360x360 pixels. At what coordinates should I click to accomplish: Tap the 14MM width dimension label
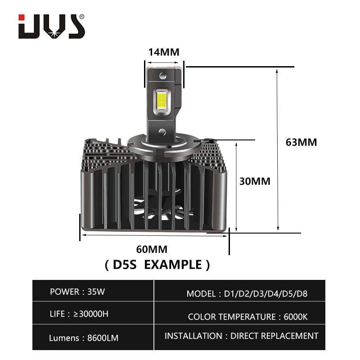[x=164, y=51]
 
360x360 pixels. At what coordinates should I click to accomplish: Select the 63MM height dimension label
[x=301, y=142]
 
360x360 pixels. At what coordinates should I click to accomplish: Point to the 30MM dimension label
[x=255, y=181]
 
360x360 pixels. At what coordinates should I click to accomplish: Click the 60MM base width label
[x=152, y=249]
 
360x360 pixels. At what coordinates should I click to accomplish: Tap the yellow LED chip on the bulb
[x=162, y=102]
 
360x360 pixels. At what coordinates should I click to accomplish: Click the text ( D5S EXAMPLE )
[x=157, y=265]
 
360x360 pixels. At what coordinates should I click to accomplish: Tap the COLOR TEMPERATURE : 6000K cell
[x=247, y=316]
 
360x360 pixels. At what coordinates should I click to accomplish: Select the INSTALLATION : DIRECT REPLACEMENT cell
[x=241, y=336]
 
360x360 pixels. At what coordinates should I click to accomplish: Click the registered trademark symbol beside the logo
[x=81, y=17]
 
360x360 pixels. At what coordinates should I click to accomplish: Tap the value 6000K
[x=296, y=316]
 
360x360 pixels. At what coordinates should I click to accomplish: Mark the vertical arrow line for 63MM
[x=278, y=148]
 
